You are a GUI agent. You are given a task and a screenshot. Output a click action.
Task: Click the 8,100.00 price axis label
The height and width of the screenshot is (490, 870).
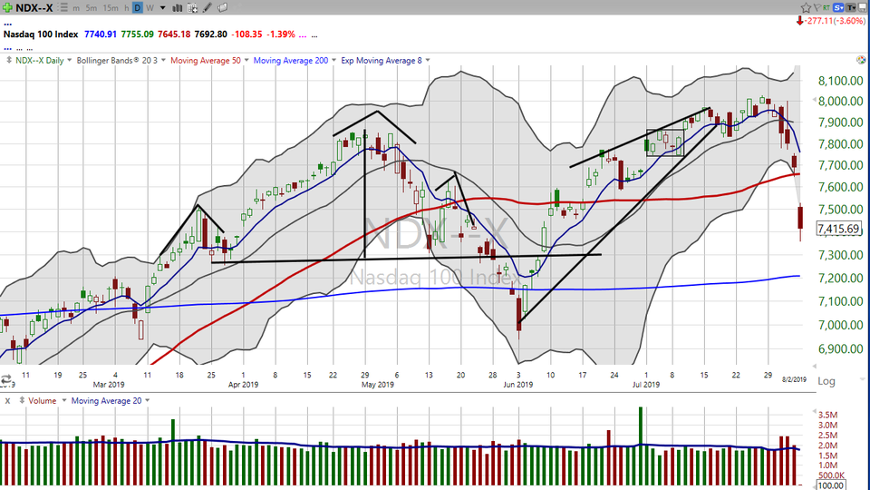click(837, 81)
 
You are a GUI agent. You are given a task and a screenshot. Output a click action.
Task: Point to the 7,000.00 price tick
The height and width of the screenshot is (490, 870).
click(837, 325)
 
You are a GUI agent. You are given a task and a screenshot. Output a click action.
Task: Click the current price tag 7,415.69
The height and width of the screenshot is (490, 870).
click(838, 229)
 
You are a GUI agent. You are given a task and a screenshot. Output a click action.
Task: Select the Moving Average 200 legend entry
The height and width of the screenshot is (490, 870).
click(293, 61)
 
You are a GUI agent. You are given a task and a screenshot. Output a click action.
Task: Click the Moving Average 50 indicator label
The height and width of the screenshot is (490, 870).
click(211, 61)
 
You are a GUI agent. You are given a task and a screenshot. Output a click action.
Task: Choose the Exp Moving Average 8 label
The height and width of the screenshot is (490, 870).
click(381, 61)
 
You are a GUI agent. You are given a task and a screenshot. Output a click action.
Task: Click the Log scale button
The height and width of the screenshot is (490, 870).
click(826, 382)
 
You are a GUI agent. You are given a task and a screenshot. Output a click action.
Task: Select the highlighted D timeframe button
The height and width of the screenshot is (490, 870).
click(137, 7)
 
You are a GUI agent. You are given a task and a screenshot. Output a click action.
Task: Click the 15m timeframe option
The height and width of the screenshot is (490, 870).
click(110, 7)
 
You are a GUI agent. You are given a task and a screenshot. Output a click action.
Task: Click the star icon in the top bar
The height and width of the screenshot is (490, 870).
click(173, 7)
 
